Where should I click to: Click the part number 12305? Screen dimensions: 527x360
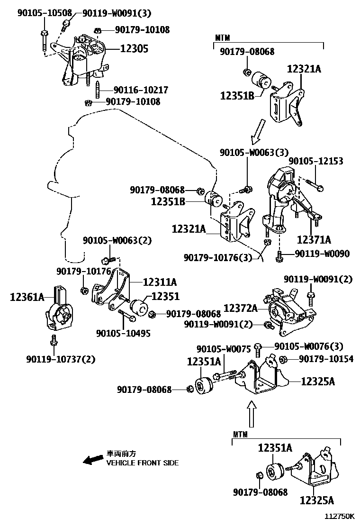coord(134,48)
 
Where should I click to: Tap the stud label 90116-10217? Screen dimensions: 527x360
coord(134,90)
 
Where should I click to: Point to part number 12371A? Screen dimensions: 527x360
coord(314,239)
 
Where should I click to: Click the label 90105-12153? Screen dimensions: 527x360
coord(316,161)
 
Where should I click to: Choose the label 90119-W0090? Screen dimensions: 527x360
coord(322,254)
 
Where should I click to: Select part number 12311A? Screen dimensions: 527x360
coord(160,282)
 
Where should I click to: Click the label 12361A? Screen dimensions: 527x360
coord(27,297)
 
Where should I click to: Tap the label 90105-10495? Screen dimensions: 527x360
coord(123,333)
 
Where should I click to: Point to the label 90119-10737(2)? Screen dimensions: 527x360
coord(61,359)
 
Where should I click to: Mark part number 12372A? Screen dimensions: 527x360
coord(241,309)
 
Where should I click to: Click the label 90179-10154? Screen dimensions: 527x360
coord(326,359)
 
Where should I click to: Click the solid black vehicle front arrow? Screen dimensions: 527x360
coord(93,459)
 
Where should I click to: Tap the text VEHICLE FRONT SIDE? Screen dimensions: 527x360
coord(143,463)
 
